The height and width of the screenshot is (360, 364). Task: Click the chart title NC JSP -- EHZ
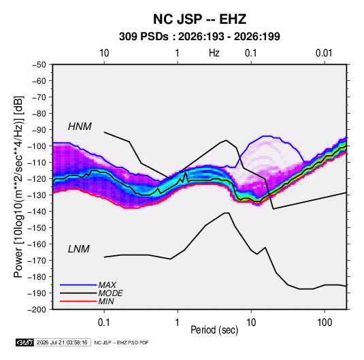click(199, 19)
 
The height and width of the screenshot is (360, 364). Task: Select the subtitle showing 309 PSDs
click(199, 37)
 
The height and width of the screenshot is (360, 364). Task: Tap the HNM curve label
click(80, 127)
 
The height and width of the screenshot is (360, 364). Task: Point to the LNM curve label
click(79, 249)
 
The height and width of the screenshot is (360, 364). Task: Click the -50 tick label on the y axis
click(39, 65)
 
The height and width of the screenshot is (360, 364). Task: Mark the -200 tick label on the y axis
click(37, 310)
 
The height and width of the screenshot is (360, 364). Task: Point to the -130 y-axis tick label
click(37, 195)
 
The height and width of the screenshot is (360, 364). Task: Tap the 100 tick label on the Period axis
click(325, 322)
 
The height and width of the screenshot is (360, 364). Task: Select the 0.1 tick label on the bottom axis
click(104, 322)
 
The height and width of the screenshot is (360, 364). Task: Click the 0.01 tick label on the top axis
click(324, 53)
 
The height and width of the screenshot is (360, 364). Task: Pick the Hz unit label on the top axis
click(214, 53)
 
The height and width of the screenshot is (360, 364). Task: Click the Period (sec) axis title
click(214, 330)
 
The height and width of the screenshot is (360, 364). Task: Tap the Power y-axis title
click(18, 186)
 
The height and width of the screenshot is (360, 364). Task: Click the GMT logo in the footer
click(24, 342)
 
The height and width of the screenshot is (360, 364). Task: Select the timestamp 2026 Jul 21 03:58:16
click(62, 342)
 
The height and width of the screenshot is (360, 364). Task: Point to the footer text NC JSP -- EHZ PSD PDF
click(121, 342)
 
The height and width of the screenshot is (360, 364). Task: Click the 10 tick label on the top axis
click(104, 53)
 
